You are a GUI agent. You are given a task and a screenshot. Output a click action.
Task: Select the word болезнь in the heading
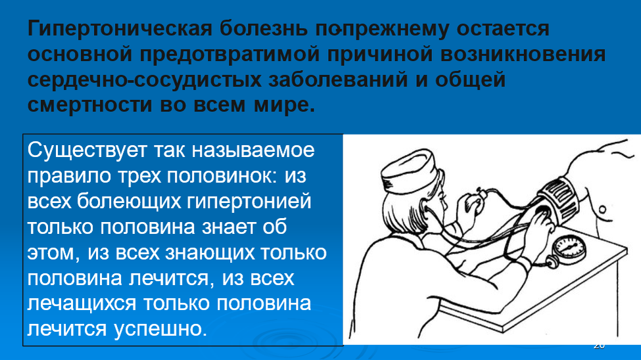260,30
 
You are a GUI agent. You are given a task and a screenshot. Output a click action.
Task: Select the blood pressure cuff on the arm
559,197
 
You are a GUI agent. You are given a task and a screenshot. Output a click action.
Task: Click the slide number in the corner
598,346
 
